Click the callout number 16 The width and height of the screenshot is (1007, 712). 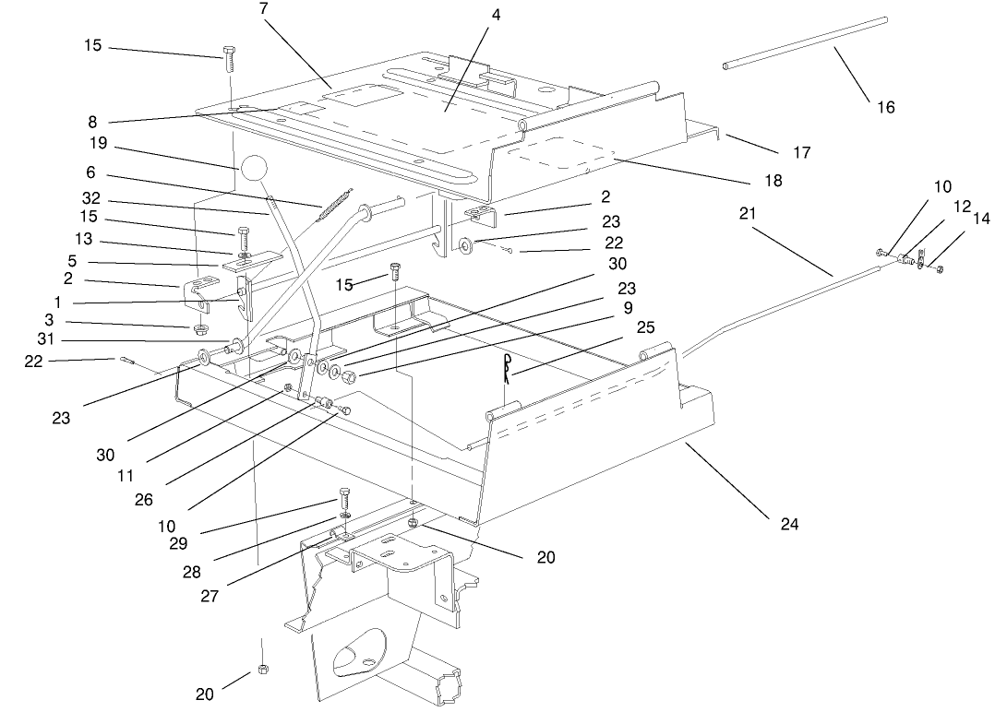(885, 107)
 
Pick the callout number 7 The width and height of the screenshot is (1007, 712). (265, 8)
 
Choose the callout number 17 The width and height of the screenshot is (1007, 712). (801, 151)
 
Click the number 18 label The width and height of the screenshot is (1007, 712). (773, 181)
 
